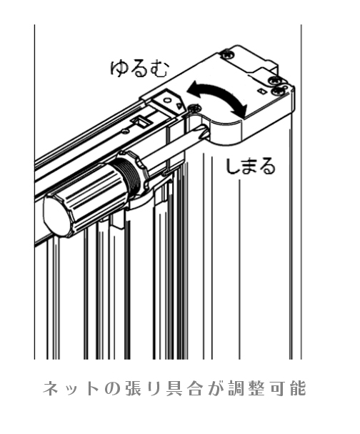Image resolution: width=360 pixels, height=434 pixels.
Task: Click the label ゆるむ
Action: [139, 69]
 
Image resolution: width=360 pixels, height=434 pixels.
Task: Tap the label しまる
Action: [251, 166]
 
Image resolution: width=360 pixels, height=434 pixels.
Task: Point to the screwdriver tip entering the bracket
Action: [204, 132]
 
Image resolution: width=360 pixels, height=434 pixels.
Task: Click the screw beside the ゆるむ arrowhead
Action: [194, 108]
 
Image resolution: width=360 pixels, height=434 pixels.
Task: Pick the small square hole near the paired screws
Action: [261, 91]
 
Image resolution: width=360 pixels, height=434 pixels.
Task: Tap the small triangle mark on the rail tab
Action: [179, 105]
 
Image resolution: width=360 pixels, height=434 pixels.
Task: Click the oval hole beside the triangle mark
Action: [167, 100]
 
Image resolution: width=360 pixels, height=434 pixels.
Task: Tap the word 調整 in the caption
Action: [244, 388]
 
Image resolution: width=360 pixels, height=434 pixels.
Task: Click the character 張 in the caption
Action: [134, 388]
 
